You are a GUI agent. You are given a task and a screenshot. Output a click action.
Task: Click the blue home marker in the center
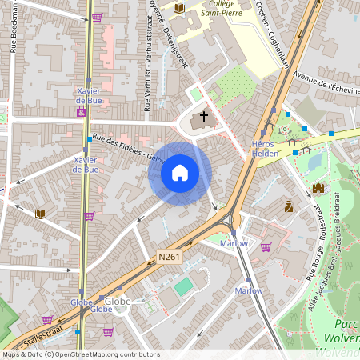pyautogui.click(x=180, y=173)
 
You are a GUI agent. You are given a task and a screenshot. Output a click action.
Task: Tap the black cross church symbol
pyautogui.click(x=203, y=117)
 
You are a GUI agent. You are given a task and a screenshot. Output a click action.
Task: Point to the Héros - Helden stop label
pyautogui.click(x=265, y=148)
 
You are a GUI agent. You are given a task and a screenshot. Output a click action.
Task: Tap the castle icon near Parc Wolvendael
pyautogui.click(x=318, y=189)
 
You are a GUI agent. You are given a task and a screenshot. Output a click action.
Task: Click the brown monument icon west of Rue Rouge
pyautogui.click(x=289, y=206)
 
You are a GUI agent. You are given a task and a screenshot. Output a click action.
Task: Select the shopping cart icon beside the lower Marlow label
pyautogui.click(x=266, y=246)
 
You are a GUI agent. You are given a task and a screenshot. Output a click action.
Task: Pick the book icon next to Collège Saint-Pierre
pyautogui.click(x=179, y=8)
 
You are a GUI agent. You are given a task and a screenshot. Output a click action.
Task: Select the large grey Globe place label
pyautogui.click(x=118, y=301)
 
